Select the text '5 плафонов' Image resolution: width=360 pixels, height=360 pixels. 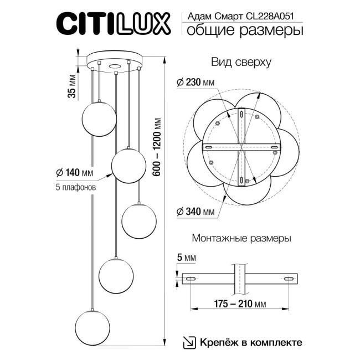point(76,187)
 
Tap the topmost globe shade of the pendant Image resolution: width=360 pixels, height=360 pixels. point(99,117)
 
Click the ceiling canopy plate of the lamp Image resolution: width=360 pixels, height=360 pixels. point(114,60)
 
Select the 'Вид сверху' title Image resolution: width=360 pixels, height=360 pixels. point(241,63)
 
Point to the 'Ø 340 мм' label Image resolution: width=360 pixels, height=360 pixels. point(195,212)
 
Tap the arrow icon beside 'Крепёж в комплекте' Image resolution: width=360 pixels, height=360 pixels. point(189,342)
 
